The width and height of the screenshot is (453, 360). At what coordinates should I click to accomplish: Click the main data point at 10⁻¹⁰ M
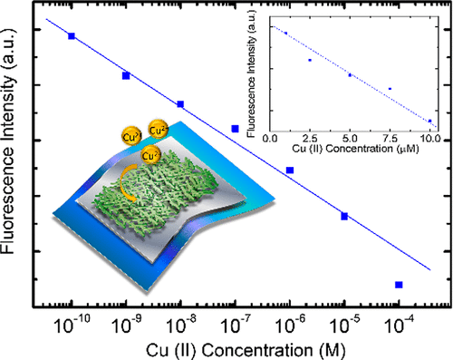click(72, 35)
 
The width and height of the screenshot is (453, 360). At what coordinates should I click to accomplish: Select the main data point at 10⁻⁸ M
click(180, 104)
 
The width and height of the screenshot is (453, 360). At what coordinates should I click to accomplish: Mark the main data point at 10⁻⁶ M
click(290, 170)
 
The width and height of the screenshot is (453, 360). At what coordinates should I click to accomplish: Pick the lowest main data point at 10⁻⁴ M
click(399, 285)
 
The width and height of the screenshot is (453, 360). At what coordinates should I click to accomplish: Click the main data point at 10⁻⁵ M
click(344, 216)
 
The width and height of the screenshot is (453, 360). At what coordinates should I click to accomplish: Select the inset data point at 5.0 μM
click(350, 74)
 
